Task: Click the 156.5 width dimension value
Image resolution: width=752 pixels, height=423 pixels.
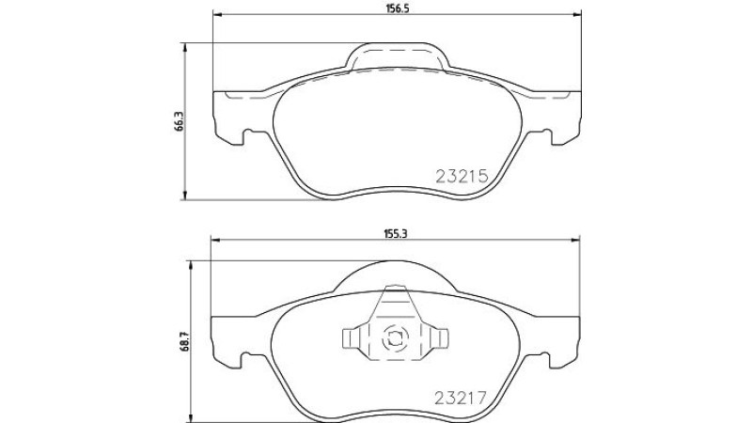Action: pos(396,8)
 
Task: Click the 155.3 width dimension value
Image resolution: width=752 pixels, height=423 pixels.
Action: pos(395,233)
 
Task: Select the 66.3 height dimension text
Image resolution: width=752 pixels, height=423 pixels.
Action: pos(179,121)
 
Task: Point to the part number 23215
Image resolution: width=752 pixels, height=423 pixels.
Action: pos(462,177)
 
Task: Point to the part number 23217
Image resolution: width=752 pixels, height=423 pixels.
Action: pos(461,398)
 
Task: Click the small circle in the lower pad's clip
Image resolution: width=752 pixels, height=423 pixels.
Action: pos(394,338)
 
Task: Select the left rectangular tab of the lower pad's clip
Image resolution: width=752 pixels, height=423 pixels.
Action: pos(352,338)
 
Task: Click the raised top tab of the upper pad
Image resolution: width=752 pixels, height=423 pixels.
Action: pos(398,56)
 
